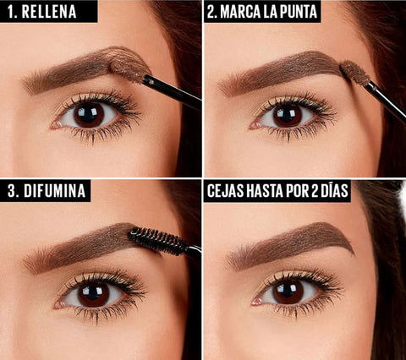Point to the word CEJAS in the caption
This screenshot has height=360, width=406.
(x=228, y=191)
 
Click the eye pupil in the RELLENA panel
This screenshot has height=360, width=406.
(x=90, y=114)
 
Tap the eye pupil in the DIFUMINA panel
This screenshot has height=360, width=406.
(x=94, y=294)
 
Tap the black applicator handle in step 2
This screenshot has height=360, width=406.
(x=386, y=97)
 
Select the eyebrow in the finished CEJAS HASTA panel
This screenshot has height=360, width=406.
(x=292, y=243)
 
